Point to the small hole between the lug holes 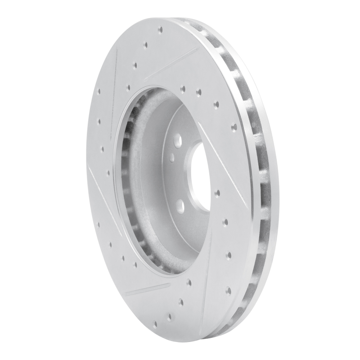(172, 158)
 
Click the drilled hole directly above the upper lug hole (183, 89)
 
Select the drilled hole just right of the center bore (217, 193)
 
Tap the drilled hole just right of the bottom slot (189, 283)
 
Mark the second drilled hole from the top (145, 45)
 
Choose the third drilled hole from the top (135, 65)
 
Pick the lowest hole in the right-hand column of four (229, 290)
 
